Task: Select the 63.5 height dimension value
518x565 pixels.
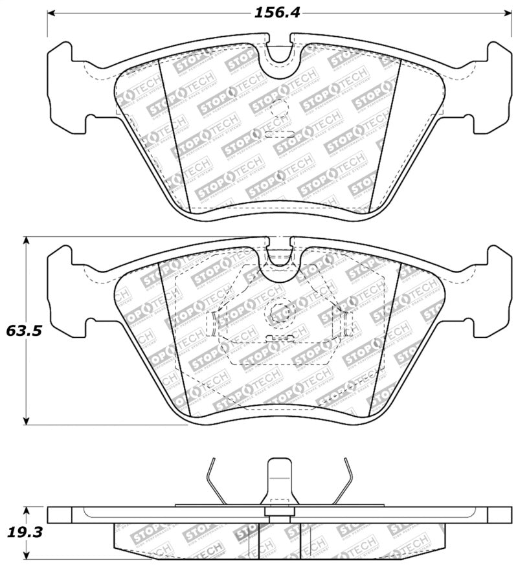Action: pos(25,331)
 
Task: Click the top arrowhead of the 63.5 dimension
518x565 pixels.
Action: pos(27,240)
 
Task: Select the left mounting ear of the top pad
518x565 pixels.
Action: pos(68,84)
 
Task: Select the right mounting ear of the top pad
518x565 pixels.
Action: pos(492,84)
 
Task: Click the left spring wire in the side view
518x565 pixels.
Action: pos(218,482)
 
